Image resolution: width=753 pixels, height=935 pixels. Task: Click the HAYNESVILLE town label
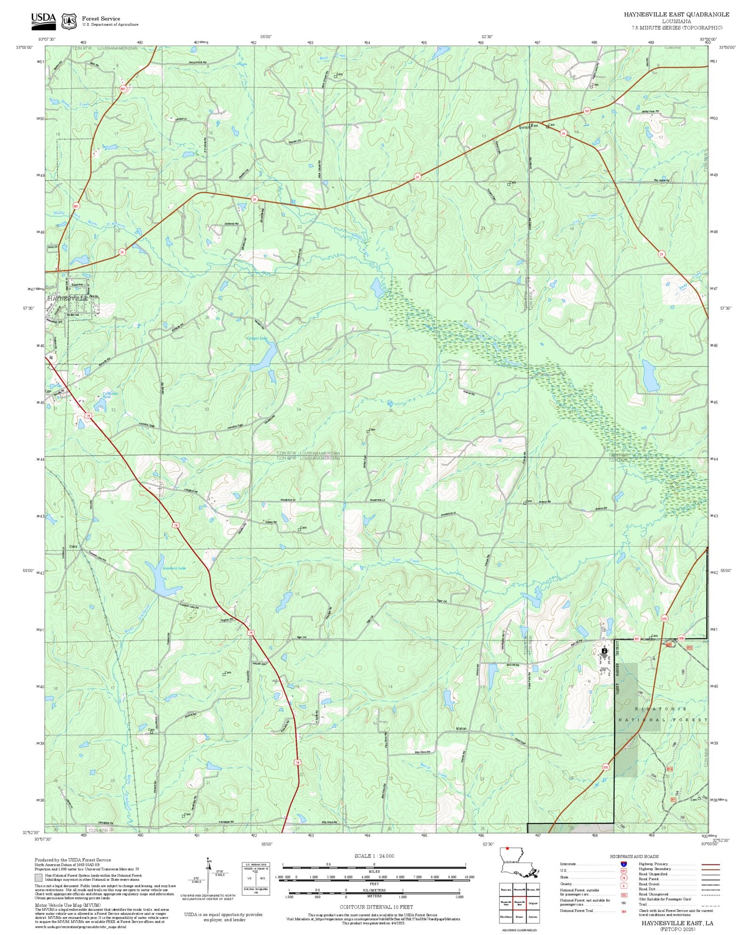(67, 298)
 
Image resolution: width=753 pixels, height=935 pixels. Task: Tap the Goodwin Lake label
(174, 568)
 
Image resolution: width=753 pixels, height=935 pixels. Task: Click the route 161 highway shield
(587, 111)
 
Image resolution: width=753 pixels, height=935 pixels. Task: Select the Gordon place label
(524, 128)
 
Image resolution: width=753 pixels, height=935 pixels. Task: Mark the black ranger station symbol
(604, 651)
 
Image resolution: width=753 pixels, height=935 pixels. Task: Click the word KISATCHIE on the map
(661, 709)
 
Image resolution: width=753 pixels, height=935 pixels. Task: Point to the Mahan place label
(461, 729)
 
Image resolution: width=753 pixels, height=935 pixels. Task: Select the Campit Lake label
(256, 338)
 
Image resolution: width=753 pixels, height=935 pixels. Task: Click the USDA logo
(43, 21)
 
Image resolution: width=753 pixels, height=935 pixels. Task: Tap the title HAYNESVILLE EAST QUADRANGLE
(676, 14)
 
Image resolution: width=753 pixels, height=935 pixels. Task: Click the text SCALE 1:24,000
(374, 856)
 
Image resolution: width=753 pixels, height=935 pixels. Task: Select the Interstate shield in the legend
(624, 864)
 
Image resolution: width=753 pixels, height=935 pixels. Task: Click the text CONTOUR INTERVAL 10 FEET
(376, 907)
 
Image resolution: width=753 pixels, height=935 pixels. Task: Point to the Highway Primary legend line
(710, 864)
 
